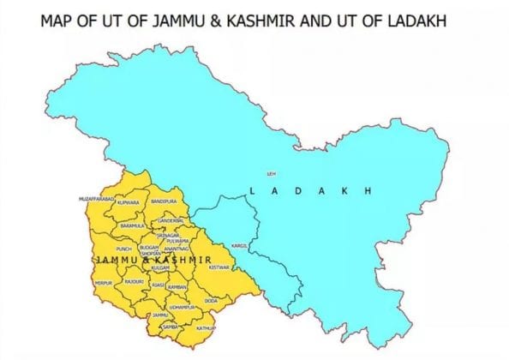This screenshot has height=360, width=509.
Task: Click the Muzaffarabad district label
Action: coord(96,198)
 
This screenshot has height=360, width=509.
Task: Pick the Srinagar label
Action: coord(168,234)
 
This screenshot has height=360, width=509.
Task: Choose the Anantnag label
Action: coord(177,249)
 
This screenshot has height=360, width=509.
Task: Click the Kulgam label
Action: coord(171,267)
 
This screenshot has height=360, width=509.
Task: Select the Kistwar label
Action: coord(220,267)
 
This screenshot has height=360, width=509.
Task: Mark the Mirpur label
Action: coord(103,282)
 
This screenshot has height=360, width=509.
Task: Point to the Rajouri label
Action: coord(134,281)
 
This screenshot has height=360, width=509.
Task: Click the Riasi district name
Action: coord(159,280)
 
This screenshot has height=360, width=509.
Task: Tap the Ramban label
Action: coord(177,286)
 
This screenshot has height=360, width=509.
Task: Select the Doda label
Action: coord(211,301)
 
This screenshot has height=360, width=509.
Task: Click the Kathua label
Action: coord(206,328)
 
